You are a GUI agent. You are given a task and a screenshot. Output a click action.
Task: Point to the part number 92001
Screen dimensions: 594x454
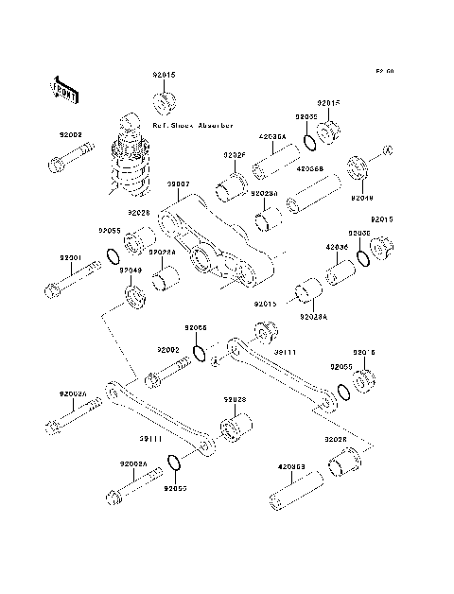[x=71, y=256]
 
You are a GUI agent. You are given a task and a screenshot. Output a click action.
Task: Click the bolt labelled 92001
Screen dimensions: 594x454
[x=70, y=280]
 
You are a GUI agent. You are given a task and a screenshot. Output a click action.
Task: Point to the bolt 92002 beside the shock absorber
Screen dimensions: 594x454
[x=65, y=163]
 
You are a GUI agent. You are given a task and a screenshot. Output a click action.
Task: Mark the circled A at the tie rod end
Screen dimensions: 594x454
[x=216, y=360]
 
